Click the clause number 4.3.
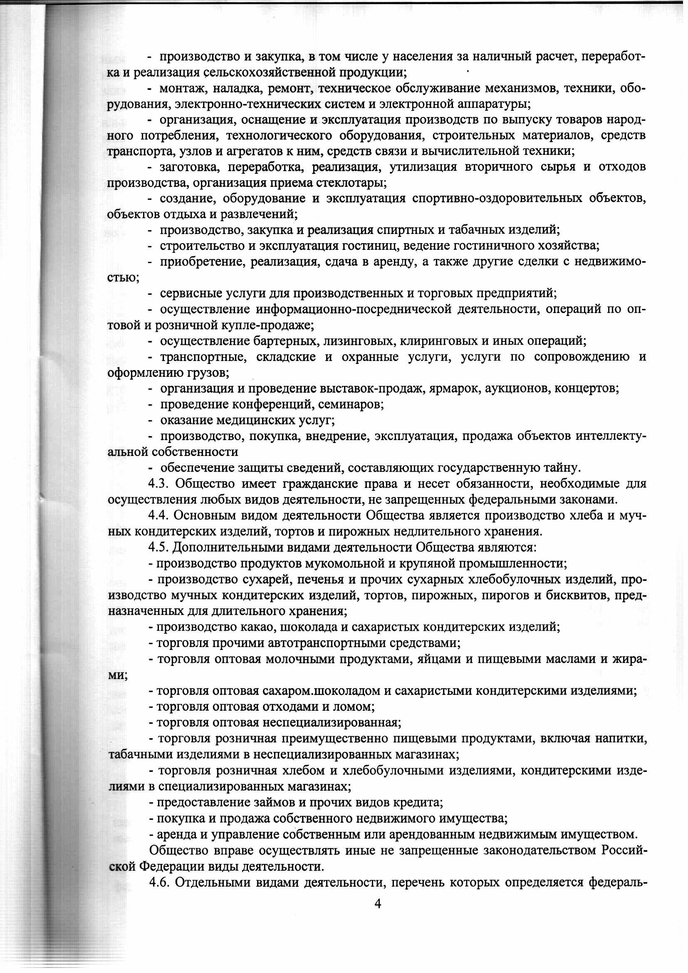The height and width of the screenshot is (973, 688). pos(159,484)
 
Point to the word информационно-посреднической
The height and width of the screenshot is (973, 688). pos(353,309)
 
